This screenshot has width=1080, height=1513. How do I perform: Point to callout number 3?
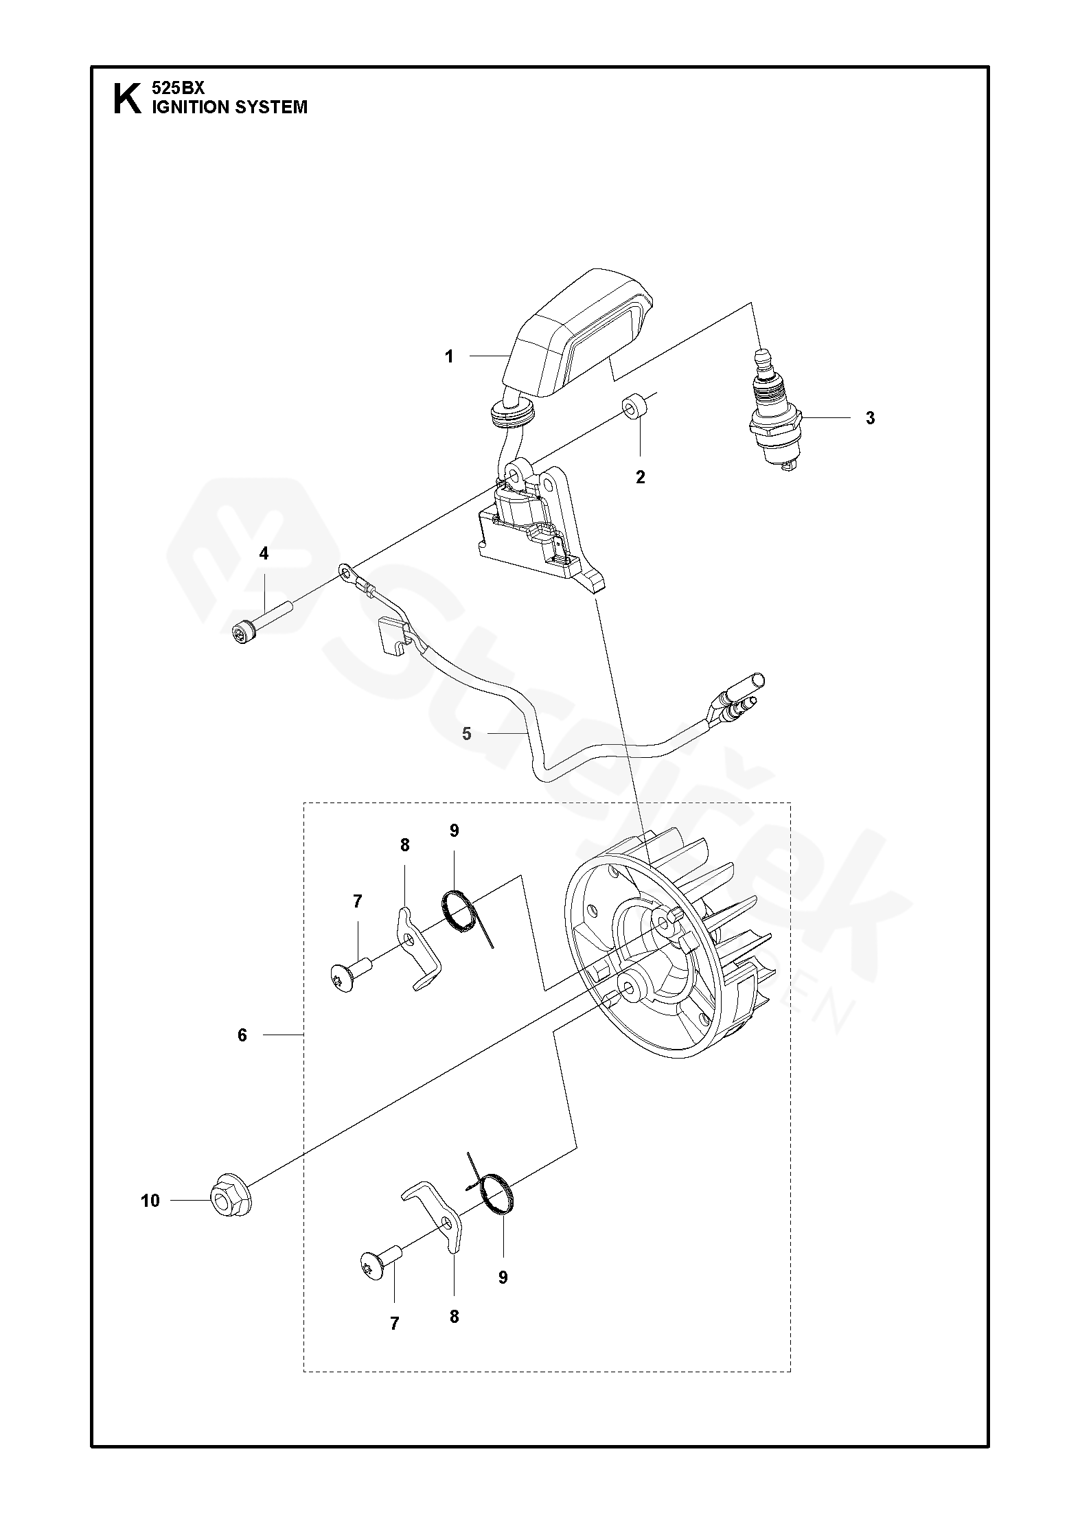coord(870,418)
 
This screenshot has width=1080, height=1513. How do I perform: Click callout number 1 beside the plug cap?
coord(449,356)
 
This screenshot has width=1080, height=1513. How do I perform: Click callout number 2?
coord(640,477)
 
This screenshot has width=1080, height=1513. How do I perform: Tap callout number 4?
coord(264,553)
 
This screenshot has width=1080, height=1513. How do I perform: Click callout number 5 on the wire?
coord(467,734)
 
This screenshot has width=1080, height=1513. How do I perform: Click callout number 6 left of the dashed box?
coord(242,1054)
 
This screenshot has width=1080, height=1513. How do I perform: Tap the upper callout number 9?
coord(454,831)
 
